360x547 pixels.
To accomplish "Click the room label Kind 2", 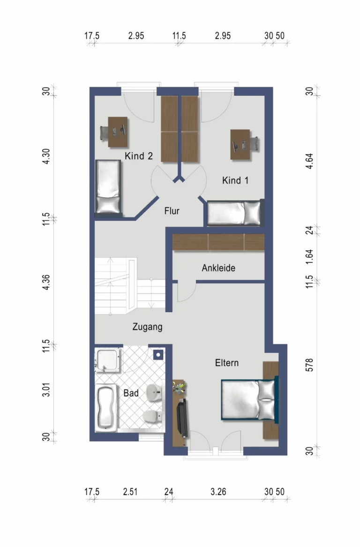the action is (138, 156).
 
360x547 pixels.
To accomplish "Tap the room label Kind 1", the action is (235, 180).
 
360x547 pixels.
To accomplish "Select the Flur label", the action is (172, 211).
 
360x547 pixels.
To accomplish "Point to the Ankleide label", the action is (218, 268).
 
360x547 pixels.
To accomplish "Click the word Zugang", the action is (147, 327).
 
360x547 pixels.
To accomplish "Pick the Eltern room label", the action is (227, 363).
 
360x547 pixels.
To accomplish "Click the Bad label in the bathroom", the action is (131, 393).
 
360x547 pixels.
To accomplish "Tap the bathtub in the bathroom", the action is (106, 408).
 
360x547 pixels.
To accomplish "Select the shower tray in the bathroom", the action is (108, 360).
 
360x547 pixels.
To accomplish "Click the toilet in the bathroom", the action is (152, 416).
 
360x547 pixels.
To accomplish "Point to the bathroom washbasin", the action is (154, 393).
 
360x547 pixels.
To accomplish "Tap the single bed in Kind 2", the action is (108, 187).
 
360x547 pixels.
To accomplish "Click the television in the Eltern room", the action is (183, 418).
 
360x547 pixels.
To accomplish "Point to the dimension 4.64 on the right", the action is (309, 161).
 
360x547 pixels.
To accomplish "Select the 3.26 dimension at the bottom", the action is (218, 492).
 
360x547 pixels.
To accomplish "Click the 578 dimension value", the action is (309, 365).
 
